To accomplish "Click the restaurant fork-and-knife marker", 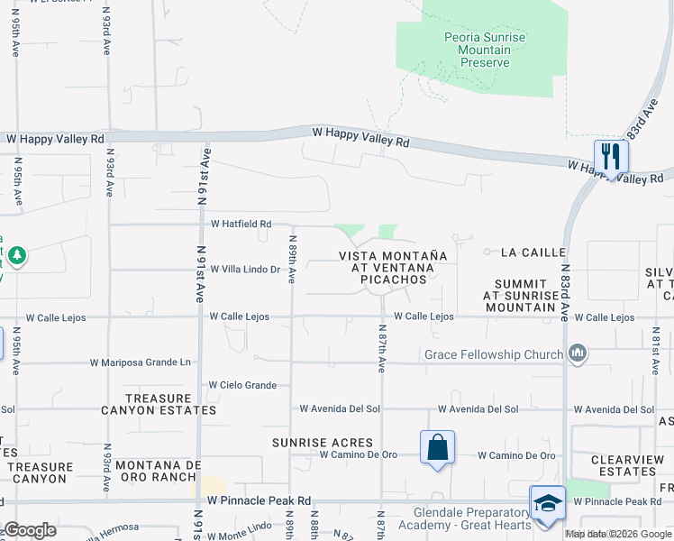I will [x=611, y=156].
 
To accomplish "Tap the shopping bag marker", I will [x=437, y=446].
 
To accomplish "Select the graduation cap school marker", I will [x=547, y=502].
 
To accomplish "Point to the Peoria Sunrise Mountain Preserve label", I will [x=485, y=50].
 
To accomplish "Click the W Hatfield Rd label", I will [x=241, y=224].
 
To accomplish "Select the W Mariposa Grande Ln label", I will [x=141, y=363].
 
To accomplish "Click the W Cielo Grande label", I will [x=242, y=385].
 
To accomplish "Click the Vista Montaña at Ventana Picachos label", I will [x=393, y=268].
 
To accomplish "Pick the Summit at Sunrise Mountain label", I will [x=521, y=295].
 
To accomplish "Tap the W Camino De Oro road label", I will [x=516, y=455].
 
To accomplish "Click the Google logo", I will [x=30, y=529].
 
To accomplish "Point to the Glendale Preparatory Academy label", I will [x=464, y=519].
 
